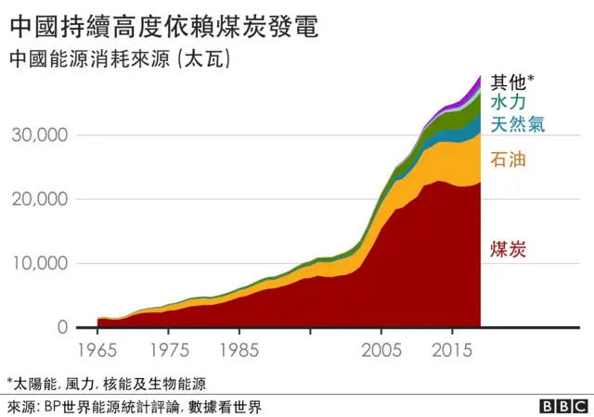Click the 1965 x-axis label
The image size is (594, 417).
[x=97, y=353]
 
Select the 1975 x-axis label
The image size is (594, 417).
[x=167, y=353]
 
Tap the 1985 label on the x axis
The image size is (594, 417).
[x=239, y=353]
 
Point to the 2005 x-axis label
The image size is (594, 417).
[x=381, y=353]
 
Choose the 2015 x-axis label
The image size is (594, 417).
[x=452, y=353]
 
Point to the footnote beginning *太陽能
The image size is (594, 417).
[x=106, y=383]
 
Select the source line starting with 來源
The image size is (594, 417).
[x=135, y=406]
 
